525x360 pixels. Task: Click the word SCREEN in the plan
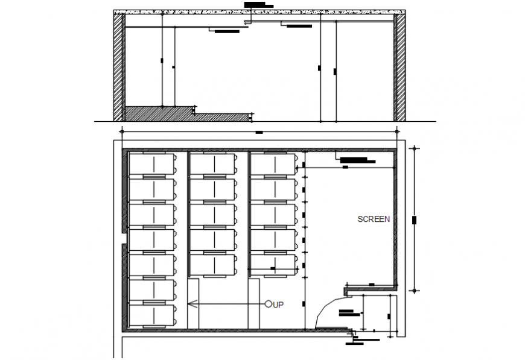pyautogui.click(x=374, y=219)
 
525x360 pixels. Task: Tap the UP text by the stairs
pyautogui.click(x=278, y=305)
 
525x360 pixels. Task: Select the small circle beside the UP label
pyautogui.click(x=269, y=305)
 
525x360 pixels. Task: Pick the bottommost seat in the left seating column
pyautogui.click(x=151, y=315)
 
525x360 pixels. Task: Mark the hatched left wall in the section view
pyautogui.click(x=118, y=66)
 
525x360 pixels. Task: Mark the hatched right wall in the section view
pyautogui.click(x=399, y=66)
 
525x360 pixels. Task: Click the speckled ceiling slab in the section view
pyautogui.click(x=259, y=11)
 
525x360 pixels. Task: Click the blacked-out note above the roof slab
pyautogui.click(x=259, y=5)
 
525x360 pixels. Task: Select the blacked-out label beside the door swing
pyautogui.click(x=348, y=313)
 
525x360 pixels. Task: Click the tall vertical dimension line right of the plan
pyautogui.click(x=414, y=219)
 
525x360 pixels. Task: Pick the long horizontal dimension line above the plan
pyautogui.click(x=259, y=131)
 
